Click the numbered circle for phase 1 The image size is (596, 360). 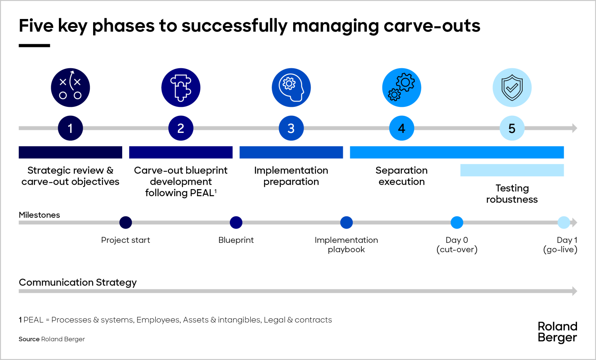(x=70, y=128)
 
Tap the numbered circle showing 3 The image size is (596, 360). (x=291, y=128)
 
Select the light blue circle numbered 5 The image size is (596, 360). (x=512, y=128)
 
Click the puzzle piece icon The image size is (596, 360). (x=181, y=87)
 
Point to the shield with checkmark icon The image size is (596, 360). (x=512, y=87)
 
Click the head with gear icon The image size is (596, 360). (x=291, y=87)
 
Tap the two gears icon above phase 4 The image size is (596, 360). (x=402, y=87)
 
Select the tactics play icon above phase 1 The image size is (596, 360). (x=70, y=87)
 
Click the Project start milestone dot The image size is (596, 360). (x=126, y=223)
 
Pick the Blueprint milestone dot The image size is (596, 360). (x=236, y=223)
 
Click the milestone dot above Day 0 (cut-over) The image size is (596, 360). (x=457, y=223)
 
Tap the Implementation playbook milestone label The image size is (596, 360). (x=346, y=245)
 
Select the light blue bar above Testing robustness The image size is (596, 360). (x=512, y=170)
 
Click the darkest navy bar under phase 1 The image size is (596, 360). (x=70, y=152)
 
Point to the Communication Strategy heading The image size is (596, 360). (x=78, y=282)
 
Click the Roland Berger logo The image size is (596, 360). (x=557, y=332)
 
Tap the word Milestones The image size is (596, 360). (x=39, y=215)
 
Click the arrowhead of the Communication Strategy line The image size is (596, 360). (x=574, y=291)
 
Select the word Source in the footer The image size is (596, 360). (x=29, y=339)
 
